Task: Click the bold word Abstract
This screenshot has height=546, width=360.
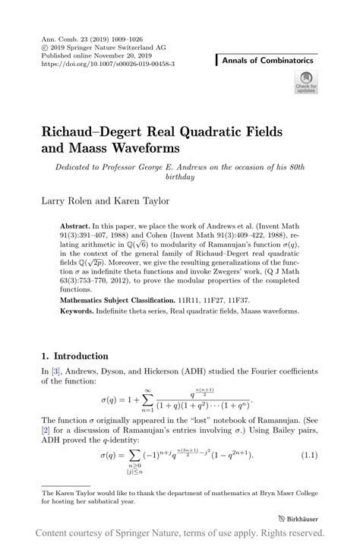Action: [74, 227]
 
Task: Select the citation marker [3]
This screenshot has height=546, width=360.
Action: [55, 370]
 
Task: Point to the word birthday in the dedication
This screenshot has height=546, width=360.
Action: [180, 177]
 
